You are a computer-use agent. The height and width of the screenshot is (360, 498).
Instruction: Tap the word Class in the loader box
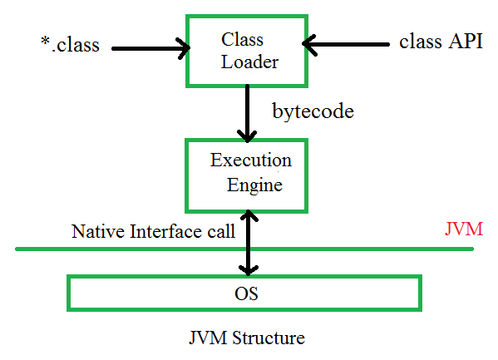[242, 39]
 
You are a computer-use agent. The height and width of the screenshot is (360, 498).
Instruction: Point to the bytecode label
[313, 111]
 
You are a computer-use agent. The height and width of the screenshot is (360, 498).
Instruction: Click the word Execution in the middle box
[250, 159]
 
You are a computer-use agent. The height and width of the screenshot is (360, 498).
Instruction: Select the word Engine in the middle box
[254, 185]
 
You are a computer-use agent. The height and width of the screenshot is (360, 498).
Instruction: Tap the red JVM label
[463, 229]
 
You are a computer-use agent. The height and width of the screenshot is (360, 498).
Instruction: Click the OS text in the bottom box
[248, 293]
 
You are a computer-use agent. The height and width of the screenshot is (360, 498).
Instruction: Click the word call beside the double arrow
[219, 231]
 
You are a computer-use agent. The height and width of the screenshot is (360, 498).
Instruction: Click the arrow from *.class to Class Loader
[150, 48]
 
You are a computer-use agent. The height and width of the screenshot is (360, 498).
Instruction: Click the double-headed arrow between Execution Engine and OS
[247, 241]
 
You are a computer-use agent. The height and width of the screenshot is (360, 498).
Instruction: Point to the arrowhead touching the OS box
[247, 269]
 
